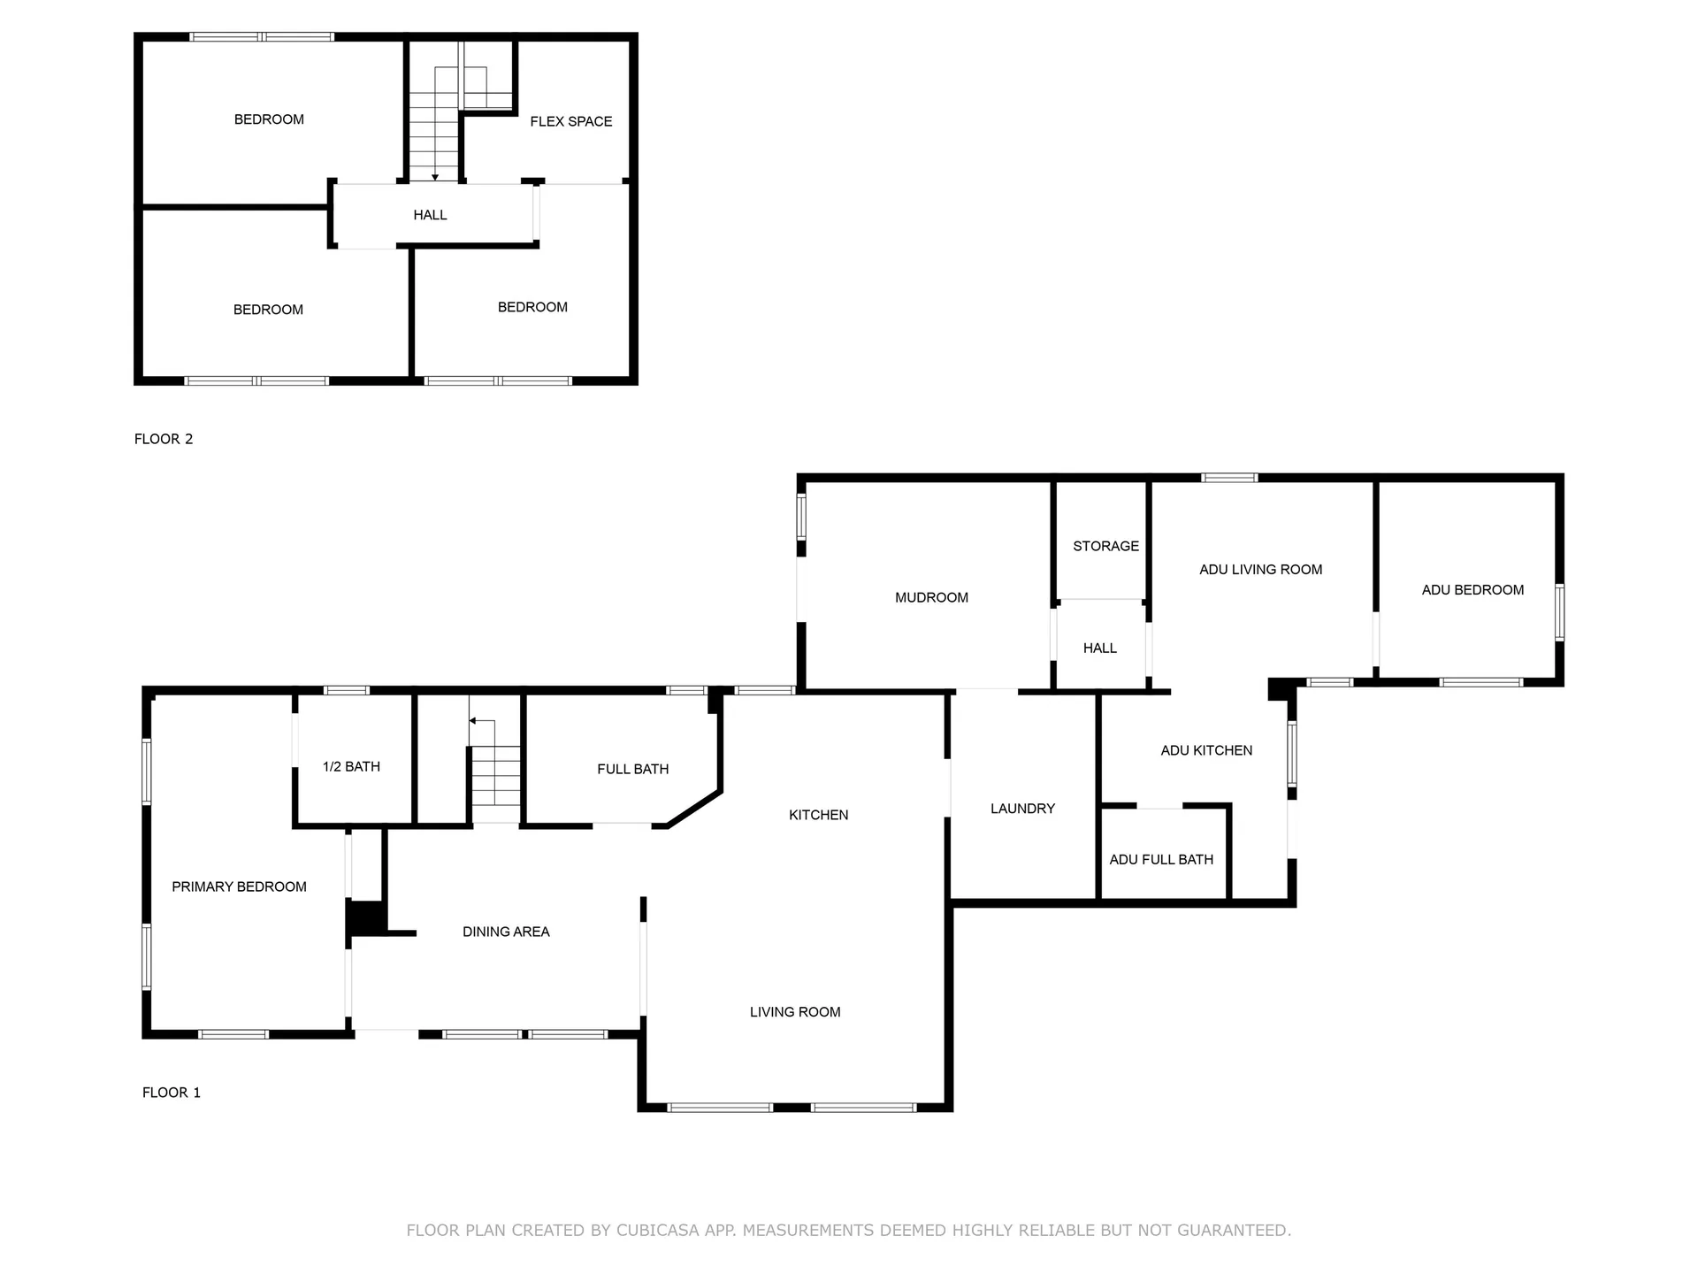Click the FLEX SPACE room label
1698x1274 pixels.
(x=570, y=121)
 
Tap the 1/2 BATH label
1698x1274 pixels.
(x=351, y=766)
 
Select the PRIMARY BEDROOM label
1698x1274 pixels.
(x=239, y=886)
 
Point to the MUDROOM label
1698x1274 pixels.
(x=931, y=597)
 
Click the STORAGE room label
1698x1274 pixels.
(x=1105, y=546)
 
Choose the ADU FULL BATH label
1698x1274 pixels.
(x=1161, y=859)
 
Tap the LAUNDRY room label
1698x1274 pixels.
(x=1022, y=808)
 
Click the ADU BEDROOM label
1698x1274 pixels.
(x=1472, y=589)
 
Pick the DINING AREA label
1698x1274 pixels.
(x=506, y=931)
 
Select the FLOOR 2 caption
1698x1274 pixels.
(x=164, y=439)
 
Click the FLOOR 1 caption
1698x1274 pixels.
(x=172, y=1093)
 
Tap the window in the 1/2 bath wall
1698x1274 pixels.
(x=346, y=690)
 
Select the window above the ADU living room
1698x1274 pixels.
(x=1229, y=478)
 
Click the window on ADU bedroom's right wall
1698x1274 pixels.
(x=1559, y=611)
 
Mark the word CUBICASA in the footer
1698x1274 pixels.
(x=657, y=1230)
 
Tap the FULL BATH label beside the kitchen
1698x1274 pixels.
(x=632, y=769)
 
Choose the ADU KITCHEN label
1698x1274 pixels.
(x=1206, y=750)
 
